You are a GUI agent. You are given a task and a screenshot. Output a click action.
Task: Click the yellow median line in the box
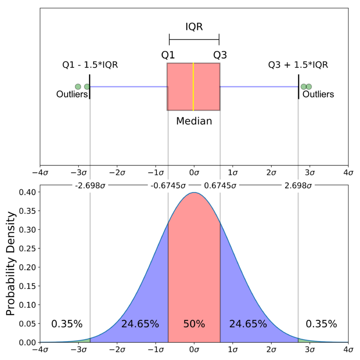tap(193, 86)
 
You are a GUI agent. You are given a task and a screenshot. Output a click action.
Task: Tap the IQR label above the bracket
tap(194, 26)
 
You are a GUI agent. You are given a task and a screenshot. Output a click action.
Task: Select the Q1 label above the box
tap(168, 55)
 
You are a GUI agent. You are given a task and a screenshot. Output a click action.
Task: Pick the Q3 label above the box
tap(220, 55)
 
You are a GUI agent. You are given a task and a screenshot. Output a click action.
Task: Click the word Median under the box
tap(194, 121)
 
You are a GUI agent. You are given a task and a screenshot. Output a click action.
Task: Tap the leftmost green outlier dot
tap(78, 86)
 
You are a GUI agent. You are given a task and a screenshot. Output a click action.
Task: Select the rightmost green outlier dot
tap(309, 86)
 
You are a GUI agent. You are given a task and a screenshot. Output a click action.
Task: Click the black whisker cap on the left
tap(90, 86)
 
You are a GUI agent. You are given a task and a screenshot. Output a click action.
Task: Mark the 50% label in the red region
tap(194, 324)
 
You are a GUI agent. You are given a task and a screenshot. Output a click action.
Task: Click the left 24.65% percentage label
tap(140, 324)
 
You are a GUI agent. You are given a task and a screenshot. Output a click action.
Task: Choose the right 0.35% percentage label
tap(321, 324)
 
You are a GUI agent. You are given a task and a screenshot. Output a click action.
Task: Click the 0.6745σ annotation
tap(219, 186)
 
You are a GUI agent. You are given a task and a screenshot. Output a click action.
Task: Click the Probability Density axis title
tap(11, 264)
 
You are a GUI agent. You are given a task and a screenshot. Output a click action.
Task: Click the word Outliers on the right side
tap(318, 94)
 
